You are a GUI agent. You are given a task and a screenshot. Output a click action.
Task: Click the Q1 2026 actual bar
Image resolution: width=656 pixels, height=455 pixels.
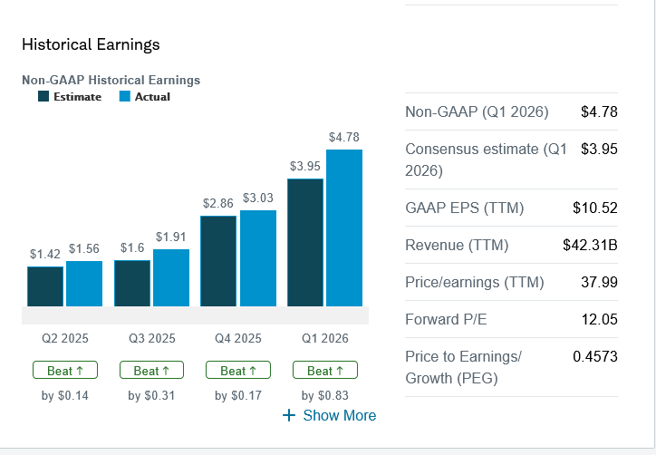(344, 227)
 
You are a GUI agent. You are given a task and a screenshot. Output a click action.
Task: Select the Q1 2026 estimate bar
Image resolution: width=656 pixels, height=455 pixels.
(304, 242)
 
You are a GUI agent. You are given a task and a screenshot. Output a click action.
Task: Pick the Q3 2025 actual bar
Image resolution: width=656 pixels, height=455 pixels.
(171, 277)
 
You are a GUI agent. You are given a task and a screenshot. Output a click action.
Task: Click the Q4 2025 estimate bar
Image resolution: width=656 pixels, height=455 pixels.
(218, 261)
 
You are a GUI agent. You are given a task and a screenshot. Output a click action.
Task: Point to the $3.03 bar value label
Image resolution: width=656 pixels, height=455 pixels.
(258, 198)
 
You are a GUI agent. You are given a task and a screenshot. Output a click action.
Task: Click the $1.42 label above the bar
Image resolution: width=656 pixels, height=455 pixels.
(45, 254)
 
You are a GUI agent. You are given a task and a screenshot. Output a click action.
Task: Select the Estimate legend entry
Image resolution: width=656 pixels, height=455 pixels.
(70, 97)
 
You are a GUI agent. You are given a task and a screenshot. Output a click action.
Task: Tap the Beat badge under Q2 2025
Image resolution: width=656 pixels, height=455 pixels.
(65, 371)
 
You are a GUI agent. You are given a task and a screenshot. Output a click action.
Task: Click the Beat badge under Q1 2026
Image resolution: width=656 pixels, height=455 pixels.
(325, 371)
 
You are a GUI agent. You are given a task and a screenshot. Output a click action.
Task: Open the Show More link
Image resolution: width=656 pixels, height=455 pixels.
(330, 415)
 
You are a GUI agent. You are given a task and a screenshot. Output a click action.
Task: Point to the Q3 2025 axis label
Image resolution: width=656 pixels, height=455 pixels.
(152, 339)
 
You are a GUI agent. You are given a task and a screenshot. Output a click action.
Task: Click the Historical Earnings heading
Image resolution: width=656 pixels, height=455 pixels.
(91, 44)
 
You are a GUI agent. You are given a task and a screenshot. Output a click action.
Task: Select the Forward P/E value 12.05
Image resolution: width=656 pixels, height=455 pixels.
(599, 319)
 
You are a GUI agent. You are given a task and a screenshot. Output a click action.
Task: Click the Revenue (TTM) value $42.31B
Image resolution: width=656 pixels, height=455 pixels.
(590, 245)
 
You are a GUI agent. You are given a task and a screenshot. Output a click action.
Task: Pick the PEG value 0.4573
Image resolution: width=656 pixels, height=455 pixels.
(595, 356)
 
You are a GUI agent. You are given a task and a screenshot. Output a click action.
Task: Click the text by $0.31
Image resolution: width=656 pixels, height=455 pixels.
(152, 395)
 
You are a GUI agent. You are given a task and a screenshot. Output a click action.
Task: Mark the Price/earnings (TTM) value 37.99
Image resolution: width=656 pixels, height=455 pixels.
(599, 282)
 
